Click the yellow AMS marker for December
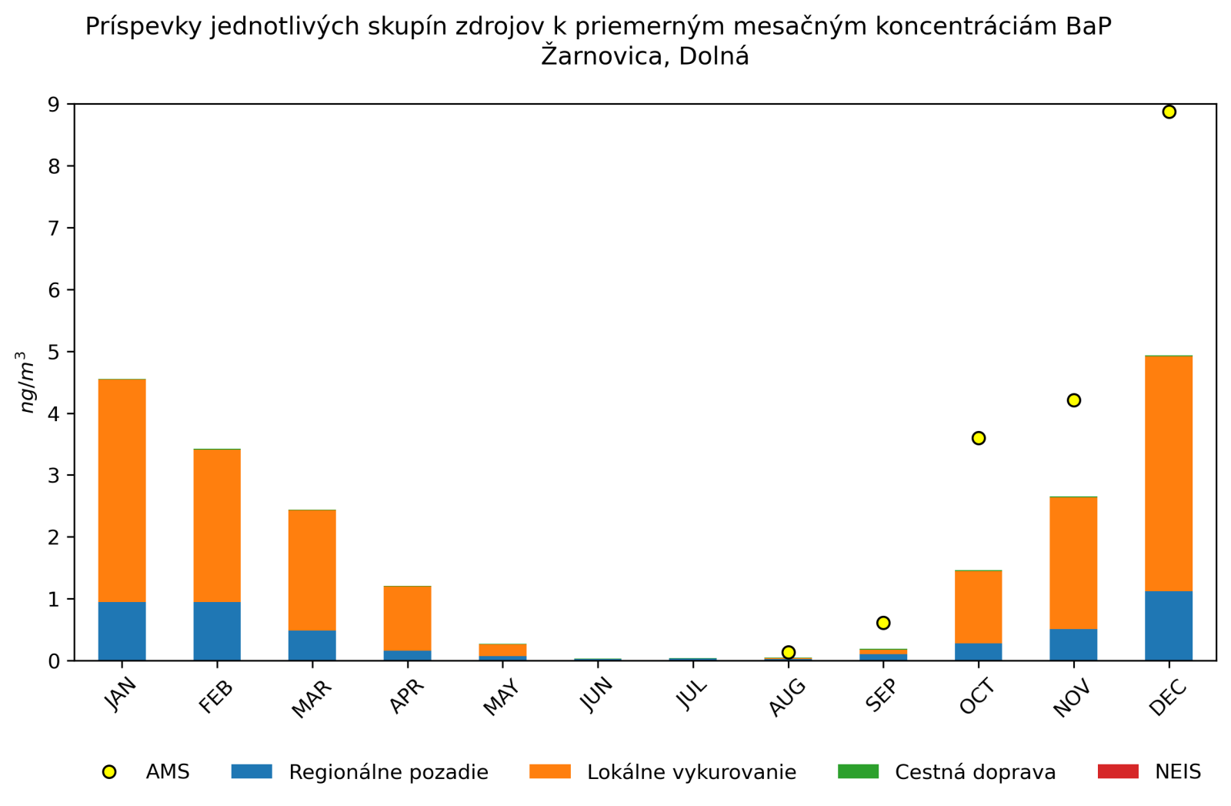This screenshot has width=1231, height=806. point(1169,112)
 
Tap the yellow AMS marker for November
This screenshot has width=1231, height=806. point(1073,400)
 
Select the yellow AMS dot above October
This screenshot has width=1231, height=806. point(979,438)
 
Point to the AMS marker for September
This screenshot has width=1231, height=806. point(883,623)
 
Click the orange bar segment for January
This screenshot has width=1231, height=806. point(122,490)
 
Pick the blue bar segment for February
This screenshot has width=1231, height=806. point(217,631)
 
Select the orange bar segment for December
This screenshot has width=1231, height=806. point(1169,473)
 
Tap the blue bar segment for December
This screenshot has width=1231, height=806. point(1169,626)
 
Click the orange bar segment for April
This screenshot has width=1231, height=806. point(407,618)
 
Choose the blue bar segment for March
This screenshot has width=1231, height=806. point(312,645)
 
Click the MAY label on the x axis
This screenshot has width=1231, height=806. point(501,697)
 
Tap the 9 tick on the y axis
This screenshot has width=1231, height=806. point(54,105)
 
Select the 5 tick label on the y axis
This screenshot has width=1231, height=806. point(54,352)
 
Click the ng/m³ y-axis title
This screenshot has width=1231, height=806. point(27,382)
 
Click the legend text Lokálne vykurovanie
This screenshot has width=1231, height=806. point(691,772)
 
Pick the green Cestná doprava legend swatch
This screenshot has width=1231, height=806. point(858,771)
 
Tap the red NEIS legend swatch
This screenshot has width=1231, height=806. point(1117,771)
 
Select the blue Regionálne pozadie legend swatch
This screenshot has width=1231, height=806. point(252,771)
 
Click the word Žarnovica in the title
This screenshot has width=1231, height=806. point(596,57)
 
